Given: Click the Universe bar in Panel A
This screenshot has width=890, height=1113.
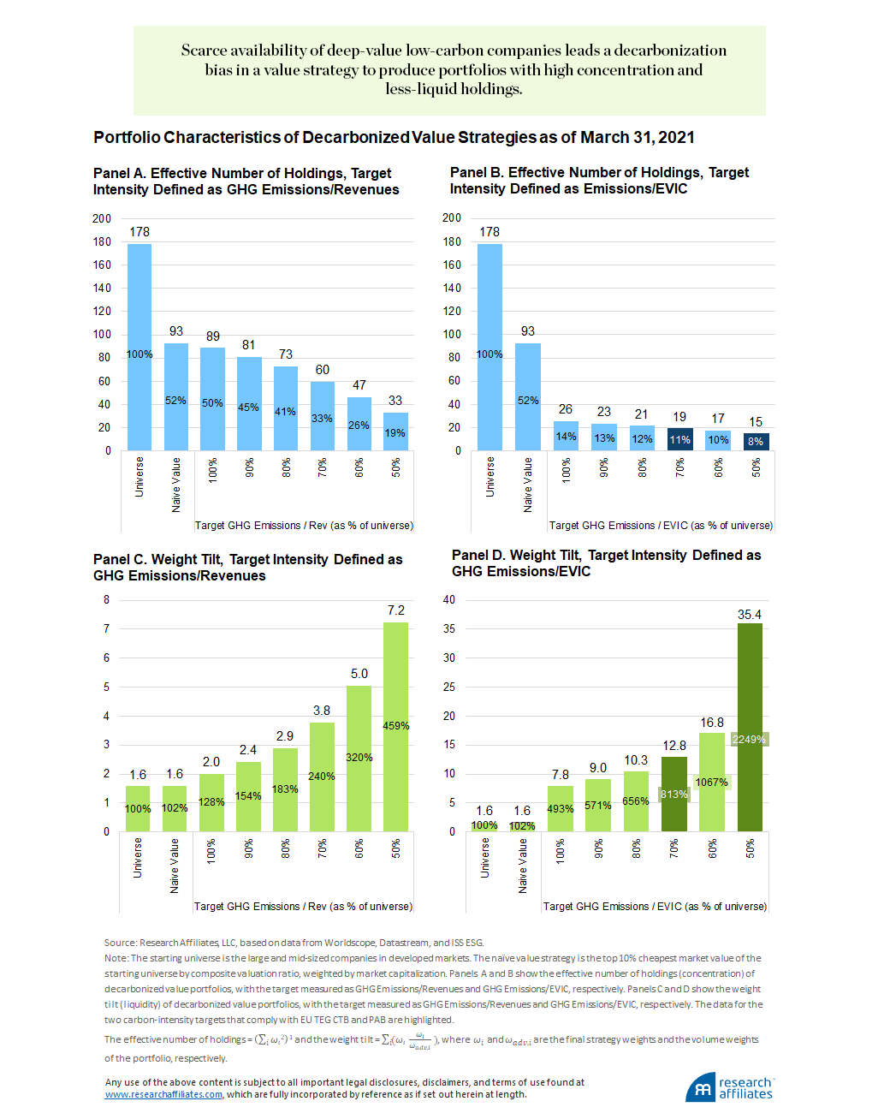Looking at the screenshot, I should [x=139, y=347].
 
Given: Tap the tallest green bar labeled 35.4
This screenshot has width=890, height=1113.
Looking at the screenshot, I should [x=750, y=727].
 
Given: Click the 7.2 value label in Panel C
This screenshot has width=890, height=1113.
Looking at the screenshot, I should [x=395, y=610].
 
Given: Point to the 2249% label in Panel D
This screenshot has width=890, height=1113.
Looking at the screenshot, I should [x=749, y=740].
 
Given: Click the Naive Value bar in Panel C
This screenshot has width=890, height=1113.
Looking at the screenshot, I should [x=175, y=808].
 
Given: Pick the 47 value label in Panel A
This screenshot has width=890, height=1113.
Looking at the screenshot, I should [x=359, y=385].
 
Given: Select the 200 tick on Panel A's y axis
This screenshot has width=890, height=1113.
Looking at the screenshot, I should [x=102, y=218].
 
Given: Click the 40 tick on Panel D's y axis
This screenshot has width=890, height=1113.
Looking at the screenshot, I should [x=449, y=599].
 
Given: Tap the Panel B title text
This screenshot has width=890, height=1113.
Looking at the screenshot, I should [x=599, y=181].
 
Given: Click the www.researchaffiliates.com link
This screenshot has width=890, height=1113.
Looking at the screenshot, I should [x=163, y=1094].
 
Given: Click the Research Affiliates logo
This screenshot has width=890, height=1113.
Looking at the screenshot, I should [x=729, y=1087].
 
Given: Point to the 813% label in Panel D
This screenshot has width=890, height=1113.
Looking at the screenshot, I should [x=673, y=795].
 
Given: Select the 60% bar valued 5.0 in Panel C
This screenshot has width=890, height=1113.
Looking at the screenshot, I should [x=359, y=759].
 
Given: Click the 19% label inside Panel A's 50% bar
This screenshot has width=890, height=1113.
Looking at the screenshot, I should [x=395, y=433].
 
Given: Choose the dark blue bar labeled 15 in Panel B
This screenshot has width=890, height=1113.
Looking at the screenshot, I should [x=756, y=442].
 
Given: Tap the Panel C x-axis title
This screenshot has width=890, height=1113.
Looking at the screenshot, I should [x=303, y=907].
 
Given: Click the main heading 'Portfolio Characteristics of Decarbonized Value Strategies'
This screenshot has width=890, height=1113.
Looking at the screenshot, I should [x=394, y=138].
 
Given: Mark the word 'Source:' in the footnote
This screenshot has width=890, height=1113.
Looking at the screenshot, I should [x=121, y=943].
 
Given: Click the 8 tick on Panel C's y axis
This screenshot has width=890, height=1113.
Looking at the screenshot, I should [x=107, y=600].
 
